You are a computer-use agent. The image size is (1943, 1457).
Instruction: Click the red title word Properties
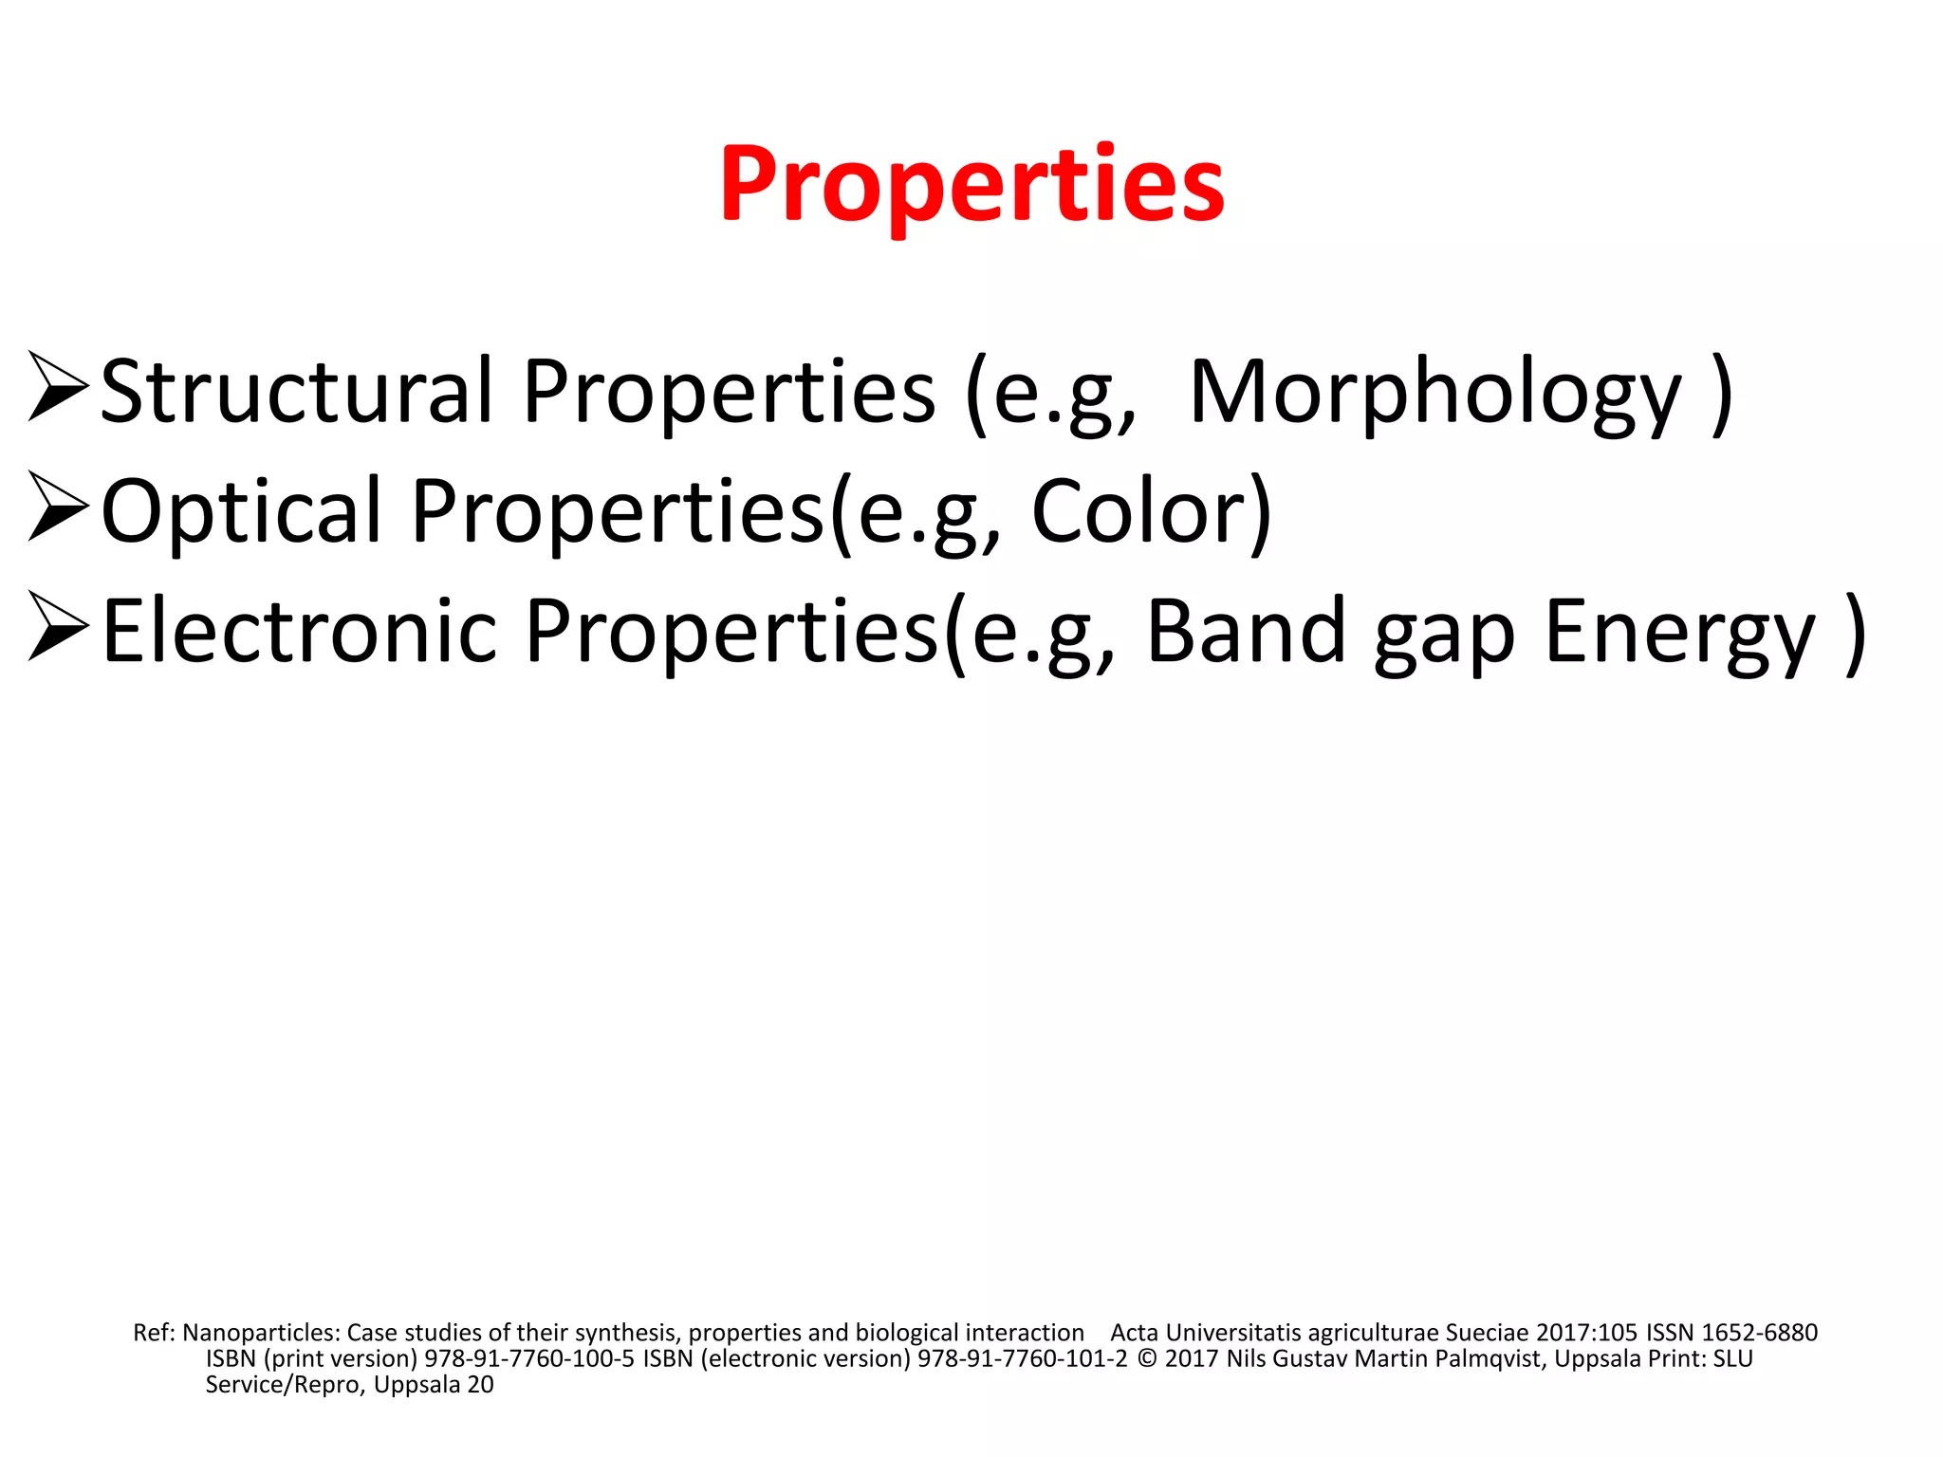pyautogui.click(x=971, y=185)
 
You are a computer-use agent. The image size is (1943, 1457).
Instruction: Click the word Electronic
pyautogui.click(x=299, y=631)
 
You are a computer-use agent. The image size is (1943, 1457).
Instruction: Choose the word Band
pyautogui.click(x=1246, y=631)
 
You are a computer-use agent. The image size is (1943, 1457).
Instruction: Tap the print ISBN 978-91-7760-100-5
pyautogui.click(x=528, y=1358)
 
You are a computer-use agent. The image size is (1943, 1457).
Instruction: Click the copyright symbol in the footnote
pyautogui.click(x=1146, y=1358)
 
